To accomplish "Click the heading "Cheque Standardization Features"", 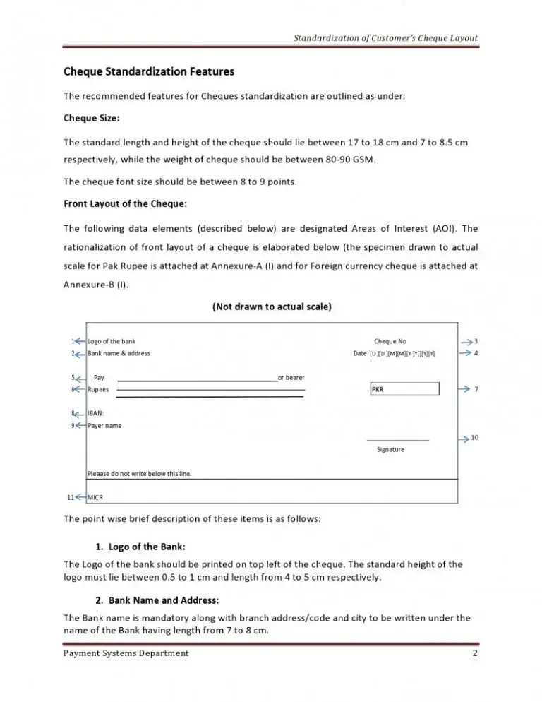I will click(149, 71).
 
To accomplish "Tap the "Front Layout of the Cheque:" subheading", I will click(125, 205).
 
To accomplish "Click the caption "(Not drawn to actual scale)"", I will click(272, 307).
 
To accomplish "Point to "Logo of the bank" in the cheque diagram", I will click(112, 342).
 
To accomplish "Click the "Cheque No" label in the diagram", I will click(390, 342).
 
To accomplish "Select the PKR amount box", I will click(404, 389).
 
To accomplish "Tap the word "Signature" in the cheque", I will click(391, 449).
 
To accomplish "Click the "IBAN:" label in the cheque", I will click(96, 413).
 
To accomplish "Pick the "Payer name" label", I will click(104, 426).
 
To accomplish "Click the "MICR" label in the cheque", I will click(95, 498).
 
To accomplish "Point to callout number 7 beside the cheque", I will click(477, 389).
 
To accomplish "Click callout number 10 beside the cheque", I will click(475, 438).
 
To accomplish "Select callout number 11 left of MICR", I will click(71, 498).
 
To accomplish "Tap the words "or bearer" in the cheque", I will click(291, 378).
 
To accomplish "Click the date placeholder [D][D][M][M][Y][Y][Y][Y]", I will click(402, 354).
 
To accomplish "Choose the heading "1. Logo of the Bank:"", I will click(140, 547).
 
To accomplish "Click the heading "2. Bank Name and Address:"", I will click(157, 600).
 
